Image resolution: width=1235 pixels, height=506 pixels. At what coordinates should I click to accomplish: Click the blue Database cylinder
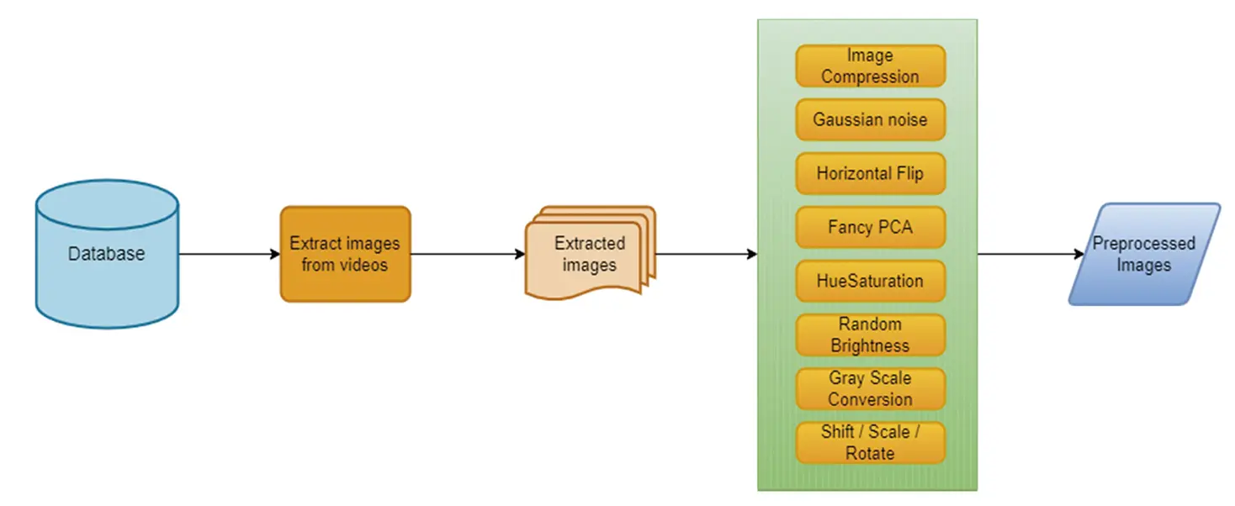tap(107, 254)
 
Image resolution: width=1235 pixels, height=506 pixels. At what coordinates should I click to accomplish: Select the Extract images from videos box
tap(345, 254)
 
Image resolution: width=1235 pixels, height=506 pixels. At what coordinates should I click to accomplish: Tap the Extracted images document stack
tap(589, 254)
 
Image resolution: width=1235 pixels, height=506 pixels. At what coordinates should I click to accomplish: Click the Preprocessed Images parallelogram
tap(1144, 254)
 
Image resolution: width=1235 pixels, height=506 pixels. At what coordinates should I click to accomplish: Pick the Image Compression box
tap(870, 66)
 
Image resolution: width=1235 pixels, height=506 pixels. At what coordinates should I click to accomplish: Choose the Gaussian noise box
tap(870, 119)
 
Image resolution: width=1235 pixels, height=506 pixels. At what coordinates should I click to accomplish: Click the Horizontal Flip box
tap(870, 173)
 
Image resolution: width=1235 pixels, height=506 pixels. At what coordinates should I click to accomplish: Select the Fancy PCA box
tap(870, 227)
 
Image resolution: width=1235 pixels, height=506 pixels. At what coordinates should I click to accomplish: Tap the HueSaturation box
tap(870, 281)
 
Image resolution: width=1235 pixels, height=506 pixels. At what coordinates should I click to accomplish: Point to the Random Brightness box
tap(870, 335)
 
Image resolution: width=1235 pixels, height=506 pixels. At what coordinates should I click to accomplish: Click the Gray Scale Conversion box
tap(870, 388)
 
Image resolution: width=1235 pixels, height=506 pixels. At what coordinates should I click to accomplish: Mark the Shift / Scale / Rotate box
tap(870, 442)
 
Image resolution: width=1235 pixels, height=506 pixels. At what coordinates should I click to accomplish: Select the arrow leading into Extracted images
tap(467, 254)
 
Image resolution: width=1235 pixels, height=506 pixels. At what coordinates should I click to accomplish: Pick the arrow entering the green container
tap(707, 254)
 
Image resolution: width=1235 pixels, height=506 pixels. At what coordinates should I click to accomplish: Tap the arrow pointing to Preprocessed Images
tap(1031, 254)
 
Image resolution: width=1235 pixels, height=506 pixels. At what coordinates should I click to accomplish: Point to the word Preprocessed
tap(1143, 244)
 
